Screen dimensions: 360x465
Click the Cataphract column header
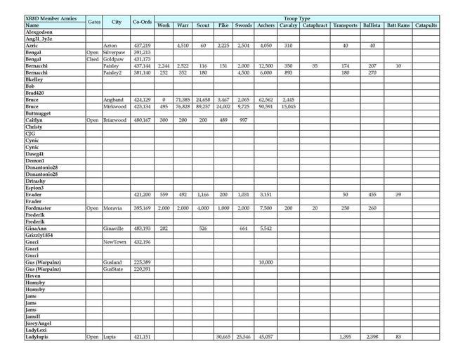tap(315, 25)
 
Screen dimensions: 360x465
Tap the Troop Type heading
tap(296, 18)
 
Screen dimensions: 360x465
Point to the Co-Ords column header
tap(142, 22)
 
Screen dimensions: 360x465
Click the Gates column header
tap(94, 22)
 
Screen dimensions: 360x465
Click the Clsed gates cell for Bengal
tap(93, 59)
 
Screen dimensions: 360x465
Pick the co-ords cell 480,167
tap(142, 120)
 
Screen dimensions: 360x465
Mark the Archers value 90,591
tap(266, 107)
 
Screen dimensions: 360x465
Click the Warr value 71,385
tap(183, 100)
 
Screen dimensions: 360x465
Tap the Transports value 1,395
tap(345, 337)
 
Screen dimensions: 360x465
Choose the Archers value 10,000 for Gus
tap(266, 262)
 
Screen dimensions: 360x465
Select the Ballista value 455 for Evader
tap(372, 194)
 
